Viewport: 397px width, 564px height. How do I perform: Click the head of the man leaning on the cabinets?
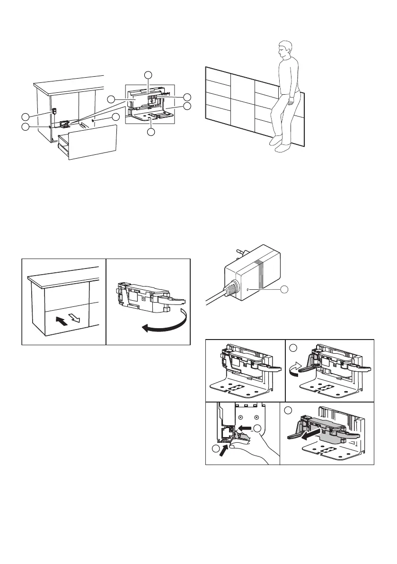tap(285, 49)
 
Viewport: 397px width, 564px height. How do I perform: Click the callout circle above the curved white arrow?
tap(293, 348)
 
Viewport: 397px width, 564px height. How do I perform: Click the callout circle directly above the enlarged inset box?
tap(149, 74)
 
